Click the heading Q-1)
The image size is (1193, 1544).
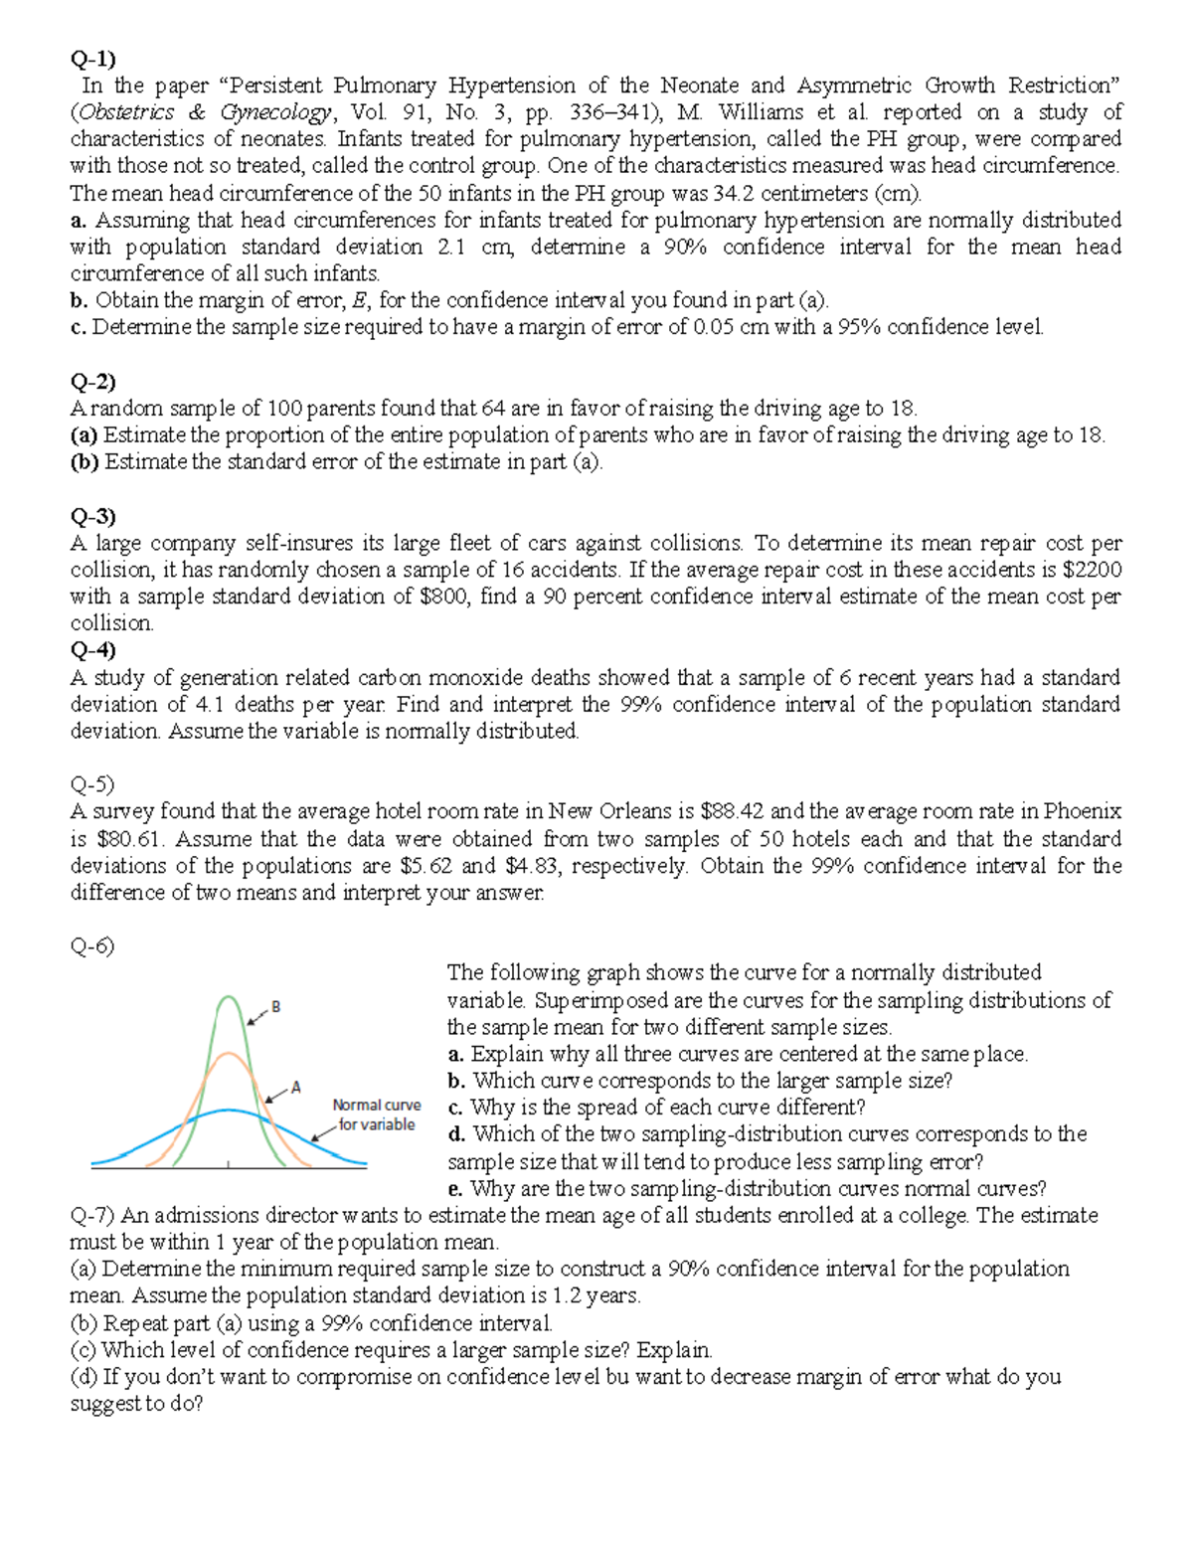(92, 59)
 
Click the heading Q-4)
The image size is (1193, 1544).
(92, 650)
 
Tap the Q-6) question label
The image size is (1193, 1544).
(92, 945)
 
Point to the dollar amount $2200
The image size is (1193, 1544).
(1092, 570)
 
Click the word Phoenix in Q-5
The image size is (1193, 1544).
(1082, 811)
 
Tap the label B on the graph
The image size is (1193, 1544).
(275, 1007)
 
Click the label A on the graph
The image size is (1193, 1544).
(295, 1087)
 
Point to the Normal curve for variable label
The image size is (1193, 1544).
(376, 1115)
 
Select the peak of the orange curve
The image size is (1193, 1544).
(230, 1052)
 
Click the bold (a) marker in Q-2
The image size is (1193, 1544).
(85, 435)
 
